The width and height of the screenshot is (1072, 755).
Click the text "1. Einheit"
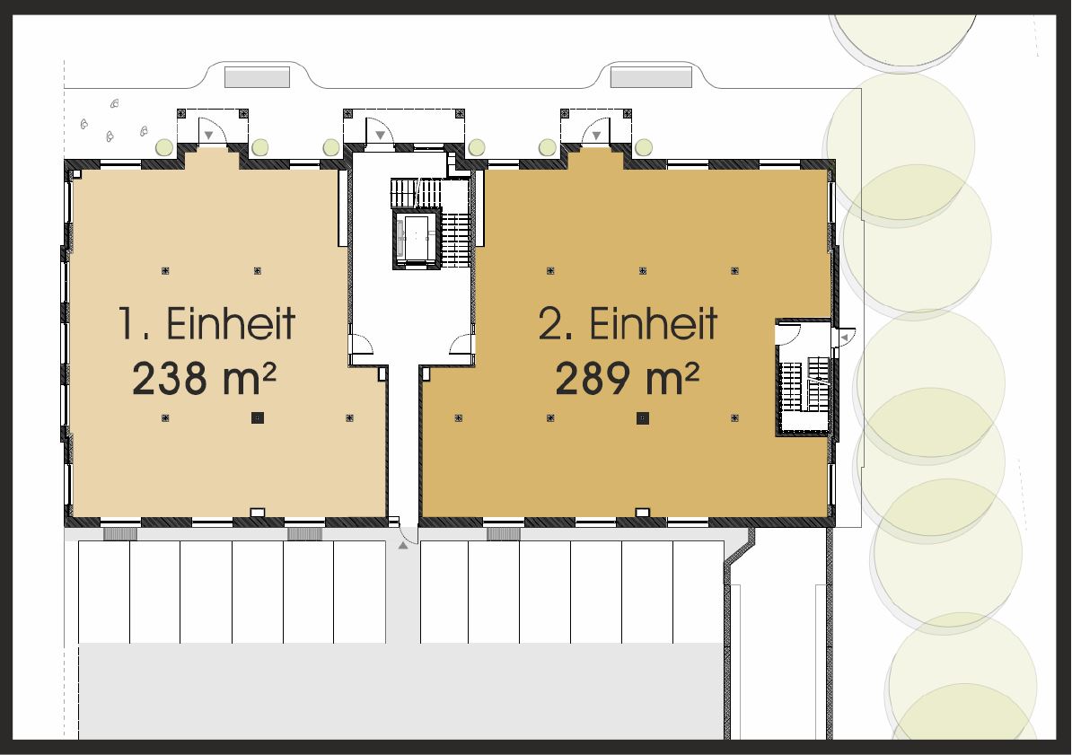pos(206,323)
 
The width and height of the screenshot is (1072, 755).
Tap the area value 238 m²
pos(204,379)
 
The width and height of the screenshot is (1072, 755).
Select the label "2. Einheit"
pos(628,323)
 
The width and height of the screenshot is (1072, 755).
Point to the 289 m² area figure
pos(627,379)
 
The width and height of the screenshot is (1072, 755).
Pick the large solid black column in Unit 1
pos(257,417)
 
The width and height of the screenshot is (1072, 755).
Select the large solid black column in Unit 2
pos(643,417)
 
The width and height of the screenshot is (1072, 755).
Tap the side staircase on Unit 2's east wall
pos(804,383)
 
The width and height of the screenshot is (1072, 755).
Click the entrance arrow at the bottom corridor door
pos(403,545)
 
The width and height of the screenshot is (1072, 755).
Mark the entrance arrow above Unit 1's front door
pos(209,136)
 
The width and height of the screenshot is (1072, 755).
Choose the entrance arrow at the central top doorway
pos(380,136)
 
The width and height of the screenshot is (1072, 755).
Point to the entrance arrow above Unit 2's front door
pos(596,136)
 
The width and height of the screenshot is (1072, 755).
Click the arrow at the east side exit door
pos(845,338)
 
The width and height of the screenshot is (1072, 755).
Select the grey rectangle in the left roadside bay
pos(257,77)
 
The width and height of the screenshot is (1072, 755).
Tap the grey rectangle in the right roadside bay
pos(651,77)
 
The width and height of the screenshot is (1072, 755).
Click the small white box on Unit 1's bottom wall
pos(257,513)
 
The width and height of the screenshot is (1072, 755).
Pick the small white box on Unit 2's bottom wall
pos(643,513)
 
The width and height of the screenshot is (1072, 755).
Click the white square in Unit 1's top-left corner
pos(76,173)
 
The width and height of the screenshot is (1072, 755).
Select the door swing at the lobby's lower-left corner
pos(361,344)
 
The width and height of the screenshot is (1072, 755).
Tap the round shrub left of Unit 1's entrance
pos(164,146)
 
